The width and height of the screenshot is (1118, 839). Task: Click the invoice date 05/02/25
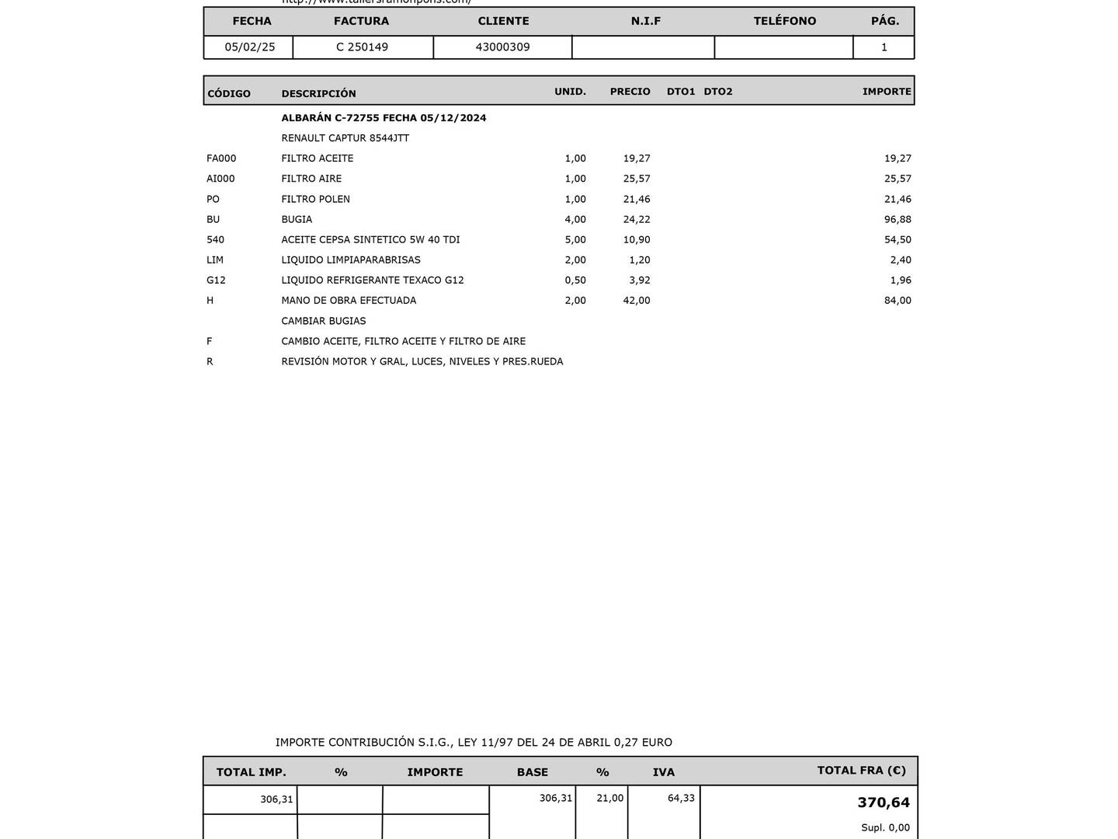coord(250,47)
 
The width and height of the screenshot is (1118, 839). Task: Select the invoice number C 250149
coord(362,47)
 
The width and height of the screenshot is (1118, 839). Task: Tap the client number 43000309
coord(502,47)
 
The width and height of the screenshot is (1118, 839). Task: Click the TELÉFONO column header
coord(784,21)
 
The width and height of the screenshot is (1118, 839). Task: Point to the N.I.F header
coord(645,21)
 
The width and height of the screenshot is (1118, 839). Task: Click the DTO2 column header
coord(718,92)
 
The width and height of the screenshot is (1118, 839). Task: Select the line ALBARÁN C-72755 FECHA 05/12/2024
coord(384,118)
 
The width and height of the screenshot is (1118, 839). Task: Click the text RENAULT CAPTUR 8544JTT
coord(345,138)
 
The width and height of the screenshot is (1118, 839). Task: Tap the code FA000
coord(221,158)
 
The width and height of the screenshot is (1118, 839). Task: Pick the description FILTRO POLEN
coord(315,200)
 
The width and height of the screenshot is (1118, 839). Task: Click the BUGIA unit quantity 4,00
coord(575,220)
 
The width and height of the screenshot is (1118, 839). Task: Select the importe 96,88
coord(898,220)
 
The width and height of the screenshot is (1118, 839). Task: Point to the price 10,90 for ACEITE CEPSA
coord(637,240)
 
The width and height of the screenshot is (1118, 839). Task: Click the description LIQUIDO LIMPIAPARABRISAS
coord(350,260)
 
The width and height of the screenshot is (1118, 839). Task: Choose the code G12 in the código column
coord(216,280)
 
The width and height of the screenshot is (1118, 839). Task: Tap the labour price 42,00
coord(637,301)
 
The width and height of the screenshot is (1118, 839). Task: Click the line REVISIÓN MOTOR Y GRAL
coord(422,362)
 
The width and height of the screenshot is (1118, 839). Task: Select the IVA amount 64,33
coord(681,798)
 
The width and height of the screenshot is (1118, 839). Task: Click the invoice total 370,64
coord(884,802)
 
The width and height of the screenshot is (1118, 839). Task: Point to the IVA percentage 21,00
coord(609,798)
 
